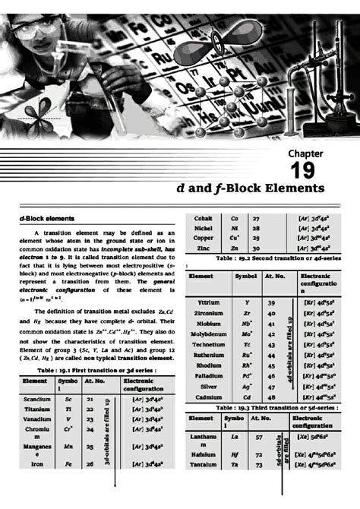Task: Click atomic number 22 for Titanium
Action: click(90, 408)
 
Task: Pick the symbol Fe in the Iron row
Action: click(68, 463)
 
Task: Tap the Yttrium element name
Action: click(208, 302)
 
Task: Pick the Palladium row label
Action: click(208, 375)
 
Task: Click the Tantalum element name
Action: click(203, 464)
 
